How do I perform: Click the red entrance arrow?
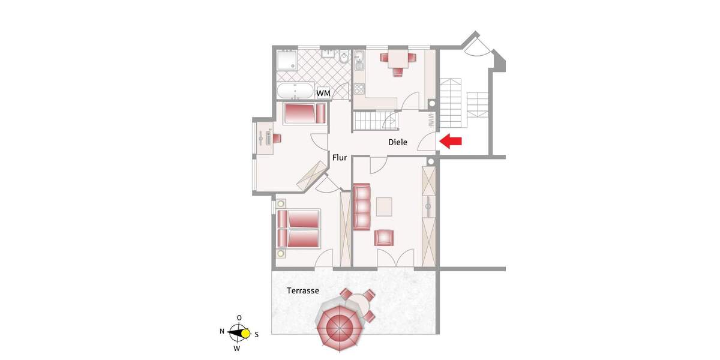(x=451, y=142)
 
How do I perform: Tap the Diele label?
(x=398, y=143)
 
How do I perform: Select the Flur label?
(x=340, y=158)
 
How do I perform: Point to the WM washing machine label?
(x=323, y=94)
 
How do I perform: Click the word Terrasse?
(x=302, y=290)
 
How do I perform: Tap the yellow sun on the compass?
(x=245, y=334)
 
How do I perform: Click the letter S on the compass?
(x=257, y=334)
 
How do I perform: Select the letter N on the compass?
(x=222, y=331)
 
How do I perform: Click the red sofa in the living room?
(x=362, y=207)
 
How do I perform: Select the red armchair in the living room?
(x=384, y=238)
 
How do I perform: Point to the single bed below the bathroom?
(x=303, y=113)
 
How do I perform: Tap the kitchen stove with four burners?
(x=359, y=89)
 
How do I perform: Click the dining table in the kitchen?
(x=397, y=59)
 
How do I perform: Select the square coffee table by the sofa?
(x=384, y=206)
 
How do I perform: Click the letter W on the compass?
(x=237, y=348)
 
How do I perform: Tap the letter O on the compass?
(x=239, y=317)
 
